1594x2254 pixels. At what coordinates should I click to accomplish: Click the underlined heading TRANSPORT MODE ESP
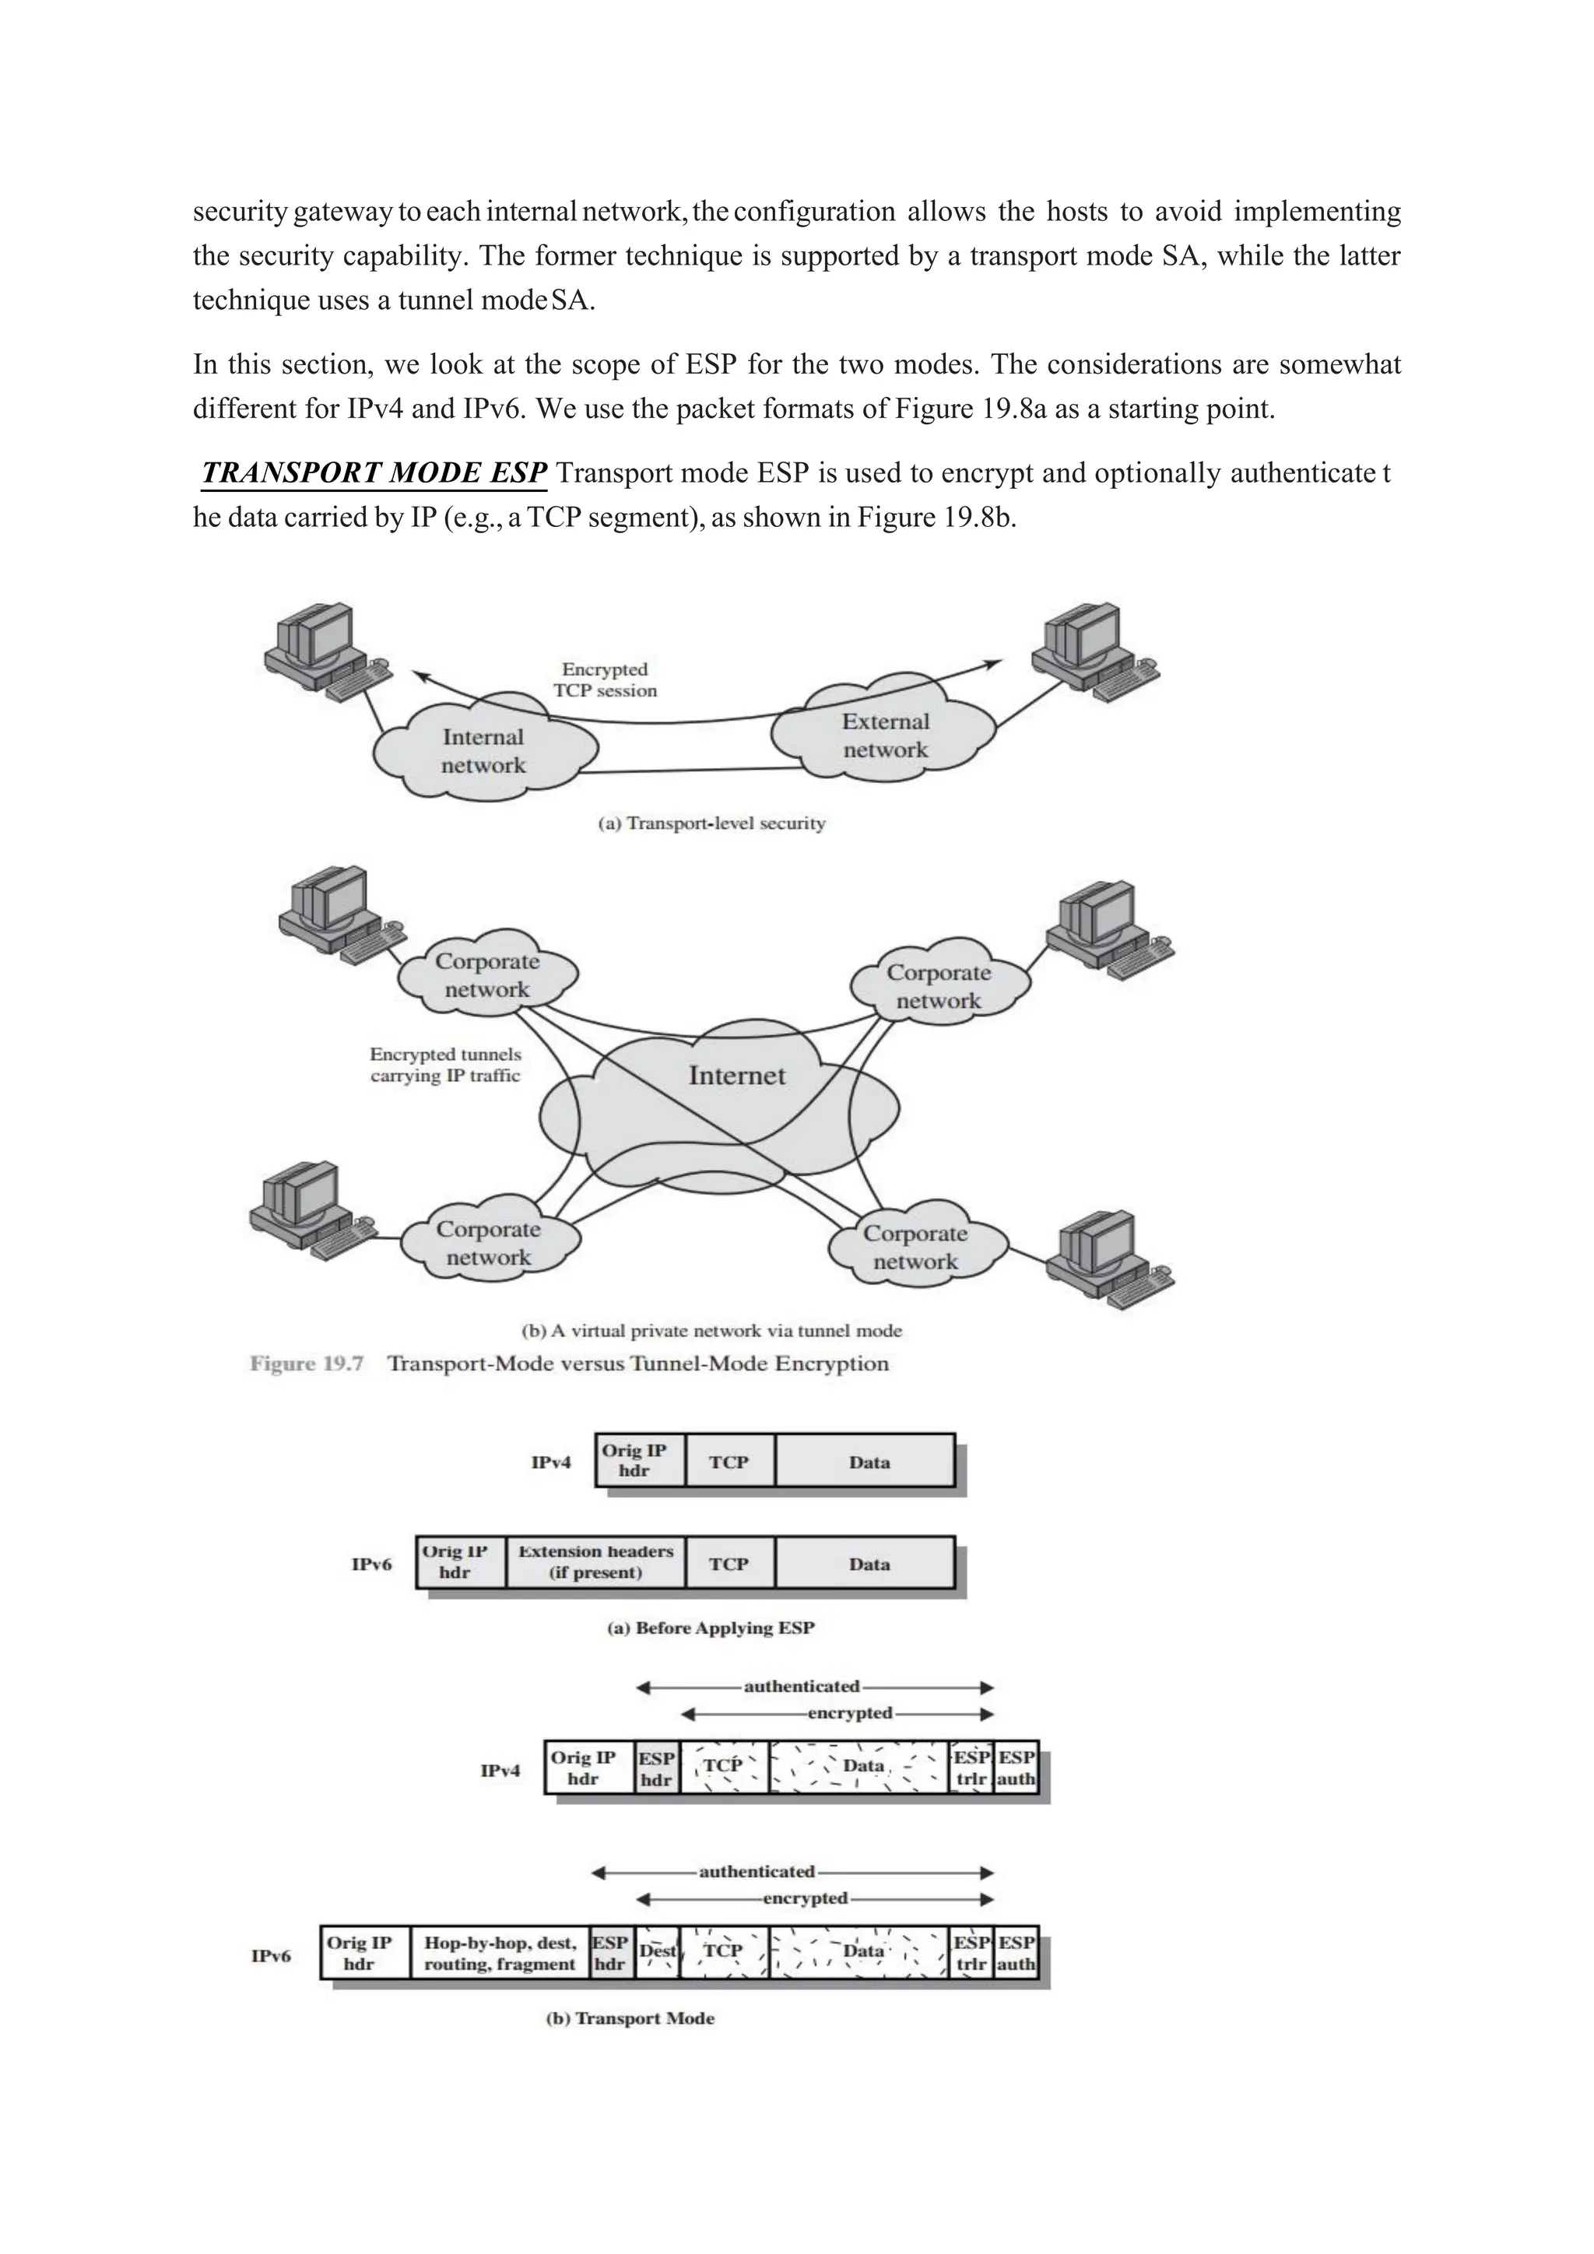(x=373, y=473)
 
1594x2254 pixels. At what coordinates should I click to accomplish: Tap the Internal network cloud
(x=483, y=751)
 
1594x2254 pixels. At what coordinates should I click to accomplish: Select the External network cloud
(x=884, y=736)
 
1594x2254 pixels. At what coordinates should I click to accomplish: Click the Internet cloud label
(x=736, y=1075)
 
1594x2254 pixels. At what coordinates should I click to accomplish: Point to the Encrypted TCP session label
(x=605, y=679)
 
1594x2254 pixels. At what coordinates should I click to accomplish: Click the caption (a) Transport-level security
(x=711, y=823)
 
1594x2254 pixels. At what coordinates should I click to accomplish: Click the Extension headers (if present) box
(x=595, y=1562)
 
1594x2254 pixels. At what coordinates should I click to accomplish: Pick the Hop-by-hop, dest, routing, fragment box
(x=499, y=1953)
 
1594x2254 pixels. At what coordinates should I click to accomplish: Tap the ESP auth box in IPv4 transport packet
(x=1016, y=1767)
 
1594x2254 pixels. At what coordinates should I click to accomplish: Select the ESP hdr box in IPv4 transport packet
(x=655, y=1767)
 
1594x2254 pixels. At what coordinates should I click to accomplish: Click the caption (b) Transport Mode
(x=630, y=2018)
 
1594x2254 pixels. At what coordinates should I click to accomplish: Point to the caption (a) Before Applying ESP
(x=711, y=1627)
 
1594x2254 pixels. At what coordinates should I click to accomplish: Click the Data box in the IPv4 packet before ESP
(x=868, y=1462)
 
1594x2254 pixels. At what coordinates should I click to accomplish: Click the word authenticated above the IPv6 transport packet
(x=756, y=1871)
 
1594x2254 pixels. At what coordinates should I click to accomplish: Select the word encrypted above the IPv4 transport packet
(x=849, y=1713)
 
